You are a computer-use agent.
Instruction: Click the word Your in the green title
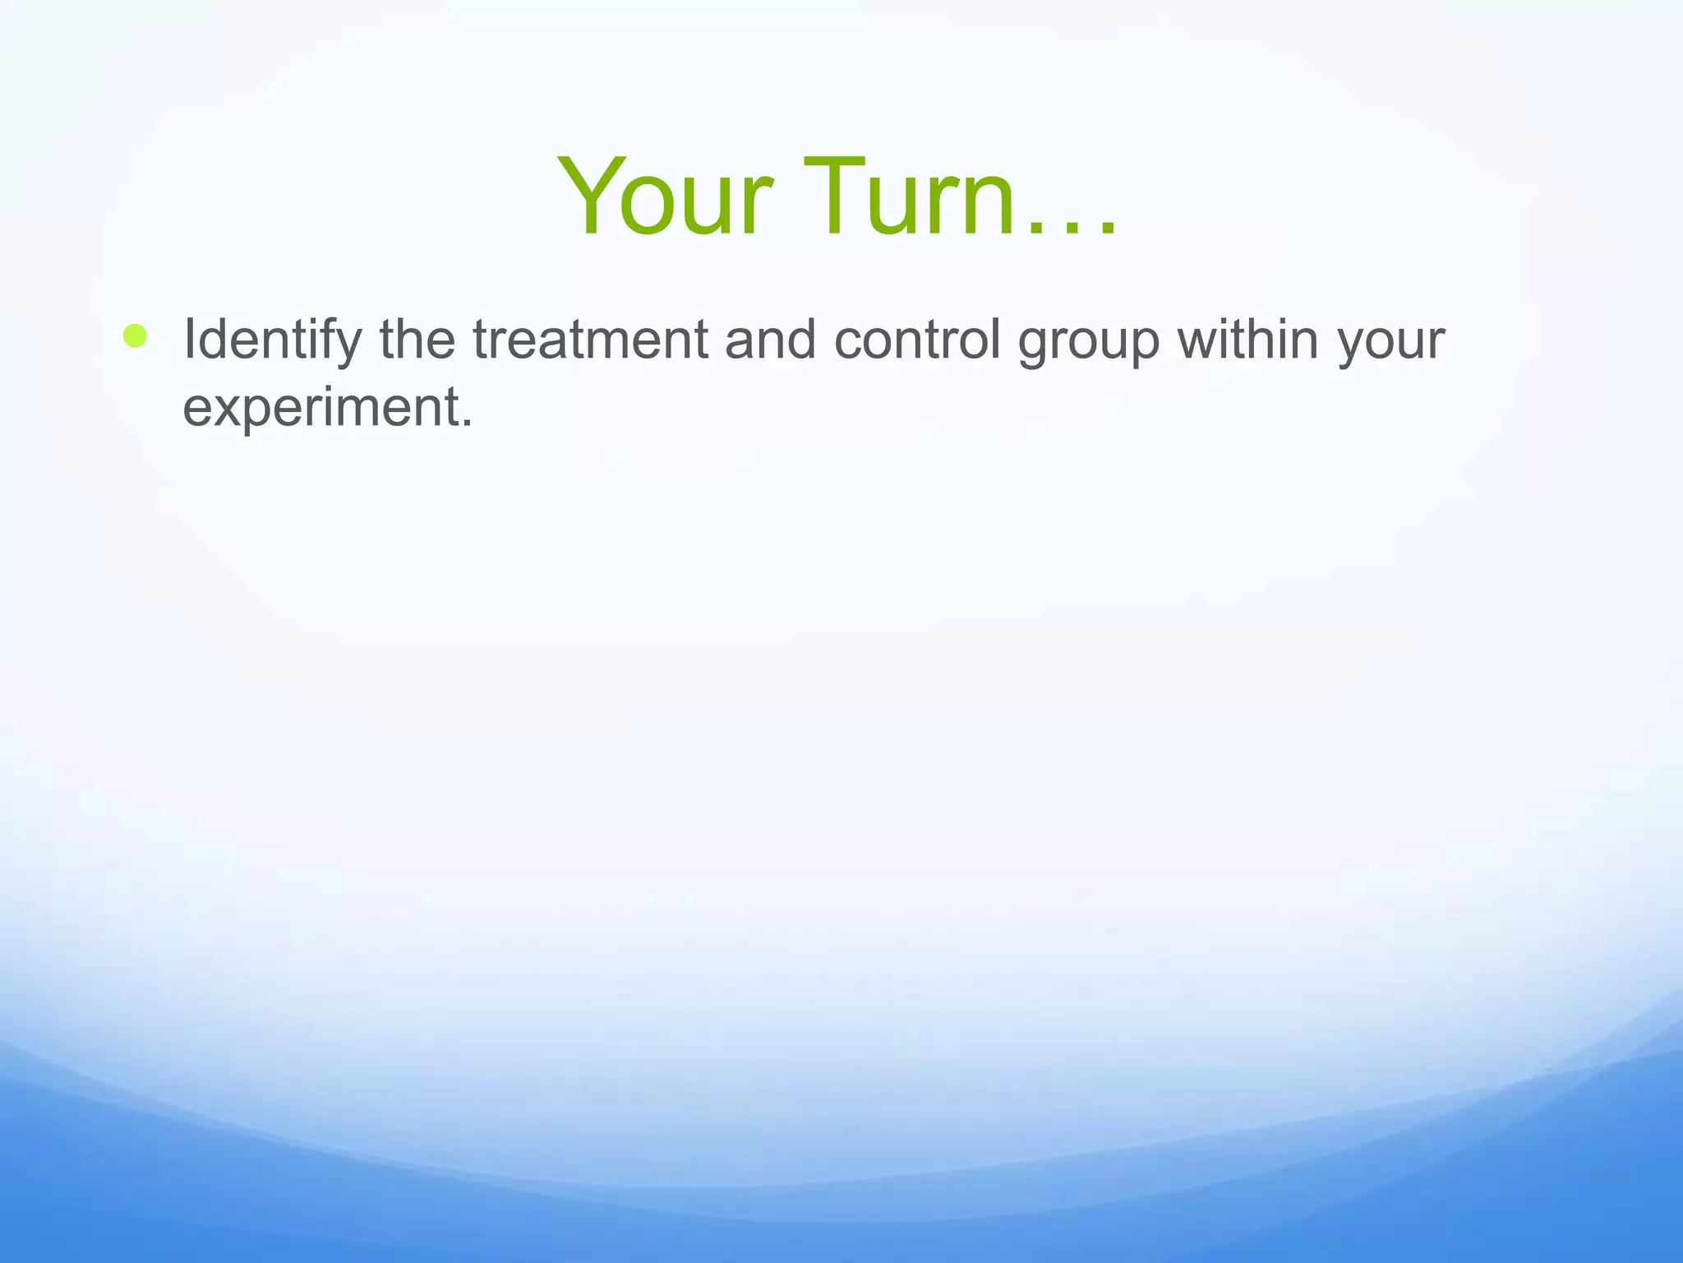666,197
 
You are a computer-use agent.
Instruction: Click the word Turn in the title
908,197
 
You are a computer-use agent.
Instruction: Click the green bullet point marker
135,335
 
